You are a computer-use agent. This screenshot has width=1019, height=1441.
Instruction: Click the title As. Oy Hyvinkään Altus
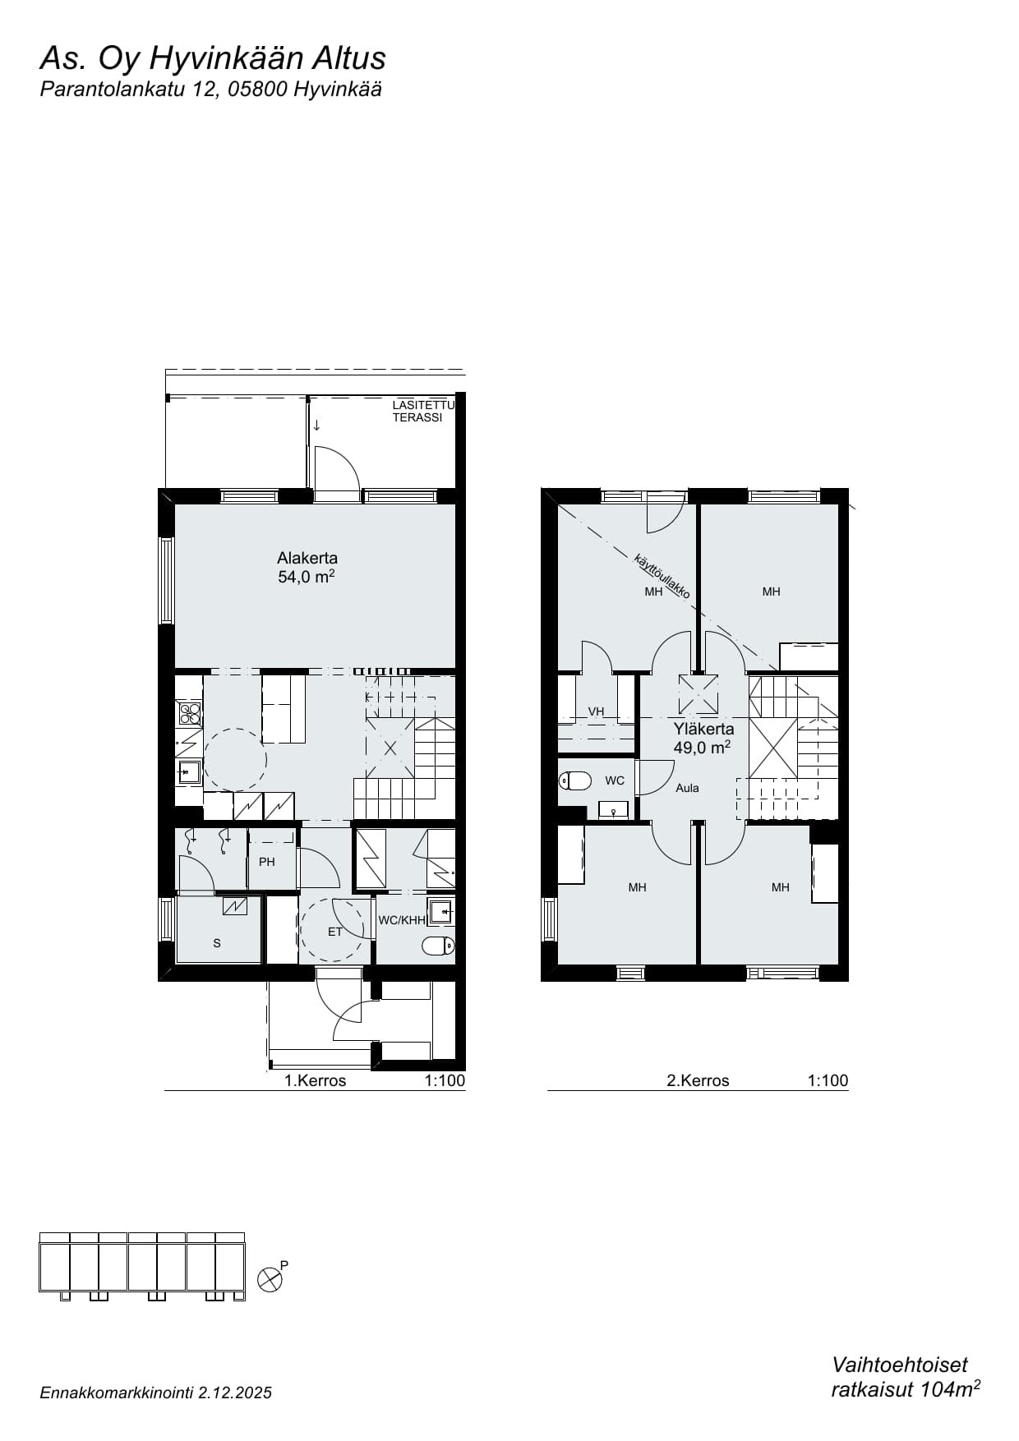213,59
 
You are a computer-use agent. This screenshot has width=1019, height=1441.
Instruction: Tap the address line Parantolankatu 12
129,90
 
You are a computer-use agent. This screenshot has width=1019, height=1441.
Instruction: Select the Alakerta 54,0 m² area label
307,568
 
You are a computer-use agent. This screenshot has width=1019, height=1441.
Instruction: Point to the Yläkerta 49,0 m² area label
703,738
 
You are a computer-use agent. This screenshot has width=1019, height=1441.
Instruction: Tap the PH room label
266,862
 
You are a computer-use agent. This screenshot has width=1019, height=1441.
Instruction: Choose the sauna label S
217,943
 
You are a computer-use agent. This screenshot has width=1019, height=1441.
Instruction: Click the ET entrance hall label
334,932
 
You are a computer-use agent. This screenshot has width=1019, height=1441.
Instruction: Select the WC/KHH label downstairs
402,920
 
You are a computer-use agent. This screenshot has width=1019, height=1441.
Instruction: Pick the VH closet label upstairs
596,711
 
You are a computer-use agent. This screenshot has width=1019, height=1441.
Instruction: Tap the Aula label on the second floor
687,788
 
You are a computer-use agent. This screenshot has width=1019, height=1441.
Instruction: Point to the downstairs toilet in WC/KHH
438,946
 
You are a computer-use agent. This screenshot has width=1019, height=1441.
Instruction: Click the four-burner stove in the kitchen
189,713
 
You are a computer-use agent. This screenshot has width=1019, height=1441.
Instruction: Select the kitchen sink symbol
189,772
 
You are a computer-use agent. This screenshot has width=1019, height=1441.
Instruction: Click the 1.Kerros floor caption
315,1080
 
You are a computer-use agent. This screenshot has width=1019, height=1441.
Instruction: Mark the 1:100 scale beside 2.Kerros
828,1080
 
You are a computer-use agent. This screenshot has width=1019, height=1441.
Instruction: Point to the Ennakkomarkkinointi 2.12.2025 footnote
155,1393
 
